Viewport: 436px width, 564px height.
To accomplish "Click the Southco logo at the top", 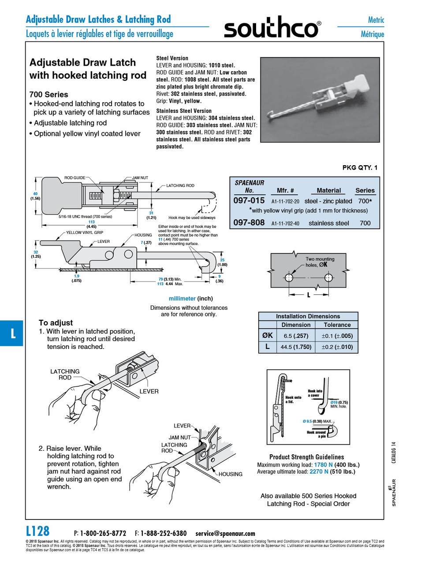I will [x=272, y=29].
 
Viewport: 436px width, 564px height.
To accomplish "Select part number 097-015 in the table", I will [x=249, y=200].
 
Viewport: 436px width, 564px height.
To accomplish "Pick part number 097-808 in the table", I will [x=249, y=223].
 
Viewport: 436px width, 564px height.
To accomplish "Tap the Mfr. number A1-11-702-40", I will [x=285, y=223].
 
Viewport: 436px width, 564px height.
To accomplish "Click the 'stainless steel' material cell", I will [x=329, y=223].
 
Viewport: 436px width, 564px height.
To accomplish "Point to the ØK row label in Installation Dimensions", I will [x=267, y=335].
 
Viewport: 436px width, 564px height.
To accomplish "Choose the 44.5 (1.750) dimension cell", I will [x=296, y=347].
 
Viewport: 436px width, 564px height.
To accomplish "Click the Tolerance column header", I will [x=337, y=325].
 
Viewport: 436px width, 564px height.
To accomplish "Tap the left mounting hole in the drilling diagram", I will [x=289, y=278].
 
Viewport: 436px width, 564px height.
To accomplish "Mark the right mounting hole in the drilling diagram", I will [x=328, y=278].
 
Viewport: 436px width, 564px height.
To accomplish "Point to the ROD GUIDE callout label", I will [x=75, y=178].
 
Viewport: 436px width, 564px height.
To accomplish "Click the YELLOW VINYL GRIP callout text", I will [x=85, y=233].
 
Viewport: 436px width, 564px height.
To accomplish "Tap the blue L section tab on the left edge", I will [x=12, y=333].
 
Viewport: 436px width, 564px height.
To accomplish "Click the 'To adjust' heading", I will [x=56, y=323].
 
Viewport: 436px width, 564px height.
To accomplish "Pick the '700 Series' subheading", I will [x=48, y=94].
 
